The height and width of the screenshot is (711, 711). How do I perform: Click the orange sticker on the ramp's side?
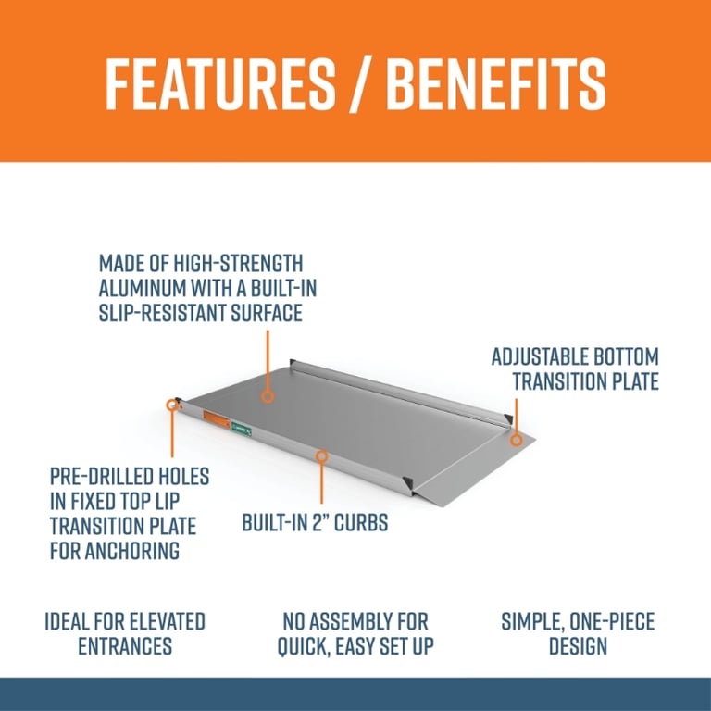[216, 418]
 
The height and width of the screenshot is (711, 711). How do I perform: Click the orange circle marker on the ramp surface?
[268, 395]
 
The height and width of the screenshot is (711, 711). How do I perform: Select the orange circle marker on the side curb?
[321, 456]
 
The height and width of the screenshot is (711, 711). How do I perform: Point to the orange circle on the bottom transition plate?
[517, 439]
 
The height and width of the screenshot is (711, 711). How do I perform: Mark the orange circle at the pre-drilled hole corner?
[172, 405]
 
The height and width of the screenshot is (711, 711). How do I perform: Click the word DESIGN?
[578, 645]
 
